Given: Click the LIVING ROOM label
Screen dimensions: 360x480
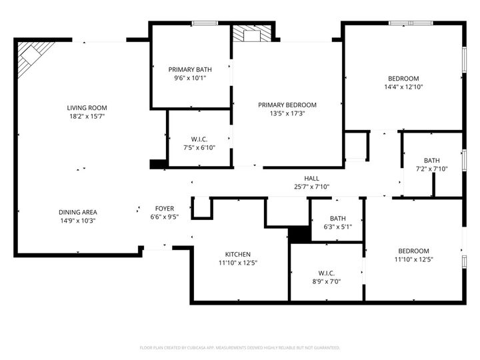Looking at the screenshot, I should click(87, 107).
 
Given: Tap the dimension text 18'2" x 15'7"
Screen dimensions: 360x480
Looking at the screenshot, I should click(87, 116).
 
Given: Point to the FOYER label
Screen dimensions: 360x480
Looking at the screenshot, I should click(165, 208).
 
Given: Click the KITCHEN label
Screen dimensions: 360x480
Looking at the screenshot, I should click(237, 254).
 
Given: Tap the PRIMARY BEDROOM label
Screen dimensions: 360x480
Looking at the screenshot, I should click(287, 105).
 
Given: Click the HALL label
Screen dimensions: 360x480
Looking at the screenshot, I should click(311, 178).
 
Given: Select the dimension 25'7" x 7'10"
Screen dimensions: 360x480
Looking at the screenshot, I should click(311, 187).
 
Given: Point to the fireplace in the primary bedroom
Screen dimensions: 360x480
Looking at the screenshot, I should click(253, 35).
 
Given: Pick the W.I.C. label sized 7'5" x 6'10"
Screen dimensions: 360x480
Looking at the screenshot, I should click(199, 139).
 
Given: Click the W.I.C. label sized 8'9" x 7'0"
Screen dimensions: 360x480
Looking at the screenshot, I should click(326, 272).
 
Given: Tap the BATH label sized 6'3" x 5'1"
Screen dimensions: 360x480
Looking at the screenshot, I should click(337, 218).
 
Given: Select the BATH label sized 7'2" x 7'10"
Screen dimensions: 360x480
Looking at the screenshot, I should click(431, 160).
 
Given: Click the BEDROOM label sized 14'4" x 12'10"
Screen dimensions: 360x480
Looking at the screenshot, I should click(403, 78).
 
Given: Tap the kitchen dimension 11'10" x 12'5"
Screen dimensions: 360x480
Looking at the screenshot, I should click(237, 263).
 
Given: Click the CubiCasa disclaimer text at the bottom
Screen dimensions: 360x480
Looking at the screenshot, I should click(240, 347).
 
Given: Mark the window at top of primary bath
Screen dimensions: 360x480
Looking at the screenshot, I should click(201, 24).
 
